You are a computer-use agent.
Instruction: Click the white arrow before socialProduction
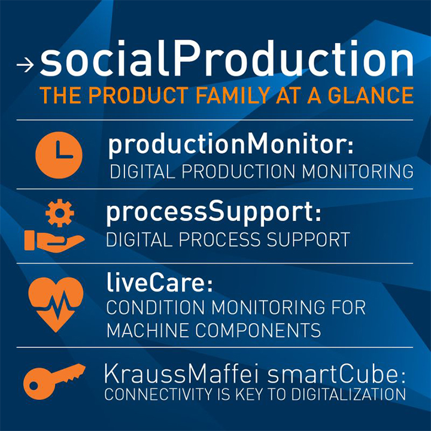[25, 65]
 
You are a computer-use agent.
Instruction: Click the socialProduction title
[226, 58]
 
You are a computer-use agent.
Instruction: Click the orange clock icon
[59, 155]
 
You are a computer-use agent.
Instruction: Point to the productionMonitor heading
[230, 145]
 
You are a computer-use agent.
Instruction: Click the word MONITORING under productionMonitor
[357, 172]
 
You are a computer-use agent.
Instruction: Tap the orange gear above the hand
[60, 213]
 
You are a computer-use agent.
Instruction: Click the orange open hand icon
[54, 241]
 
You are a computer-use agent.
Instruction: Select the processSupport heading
[214, 213]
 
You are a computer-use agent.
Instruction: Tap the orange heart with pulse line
[56, 305]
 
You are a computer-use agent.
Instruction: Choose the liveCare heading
[159, 283]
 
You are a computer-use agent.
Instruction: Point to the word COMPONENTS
[258, 330]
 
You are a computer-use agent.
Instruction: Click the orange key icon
[54, 381]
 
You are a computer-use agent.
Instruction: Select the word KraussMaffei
[181, 374]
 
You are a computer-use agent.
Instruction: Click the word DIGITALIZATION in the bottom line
[348, 394]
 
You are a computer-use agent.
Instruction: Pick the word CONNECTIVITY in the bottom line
[158, 394]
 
